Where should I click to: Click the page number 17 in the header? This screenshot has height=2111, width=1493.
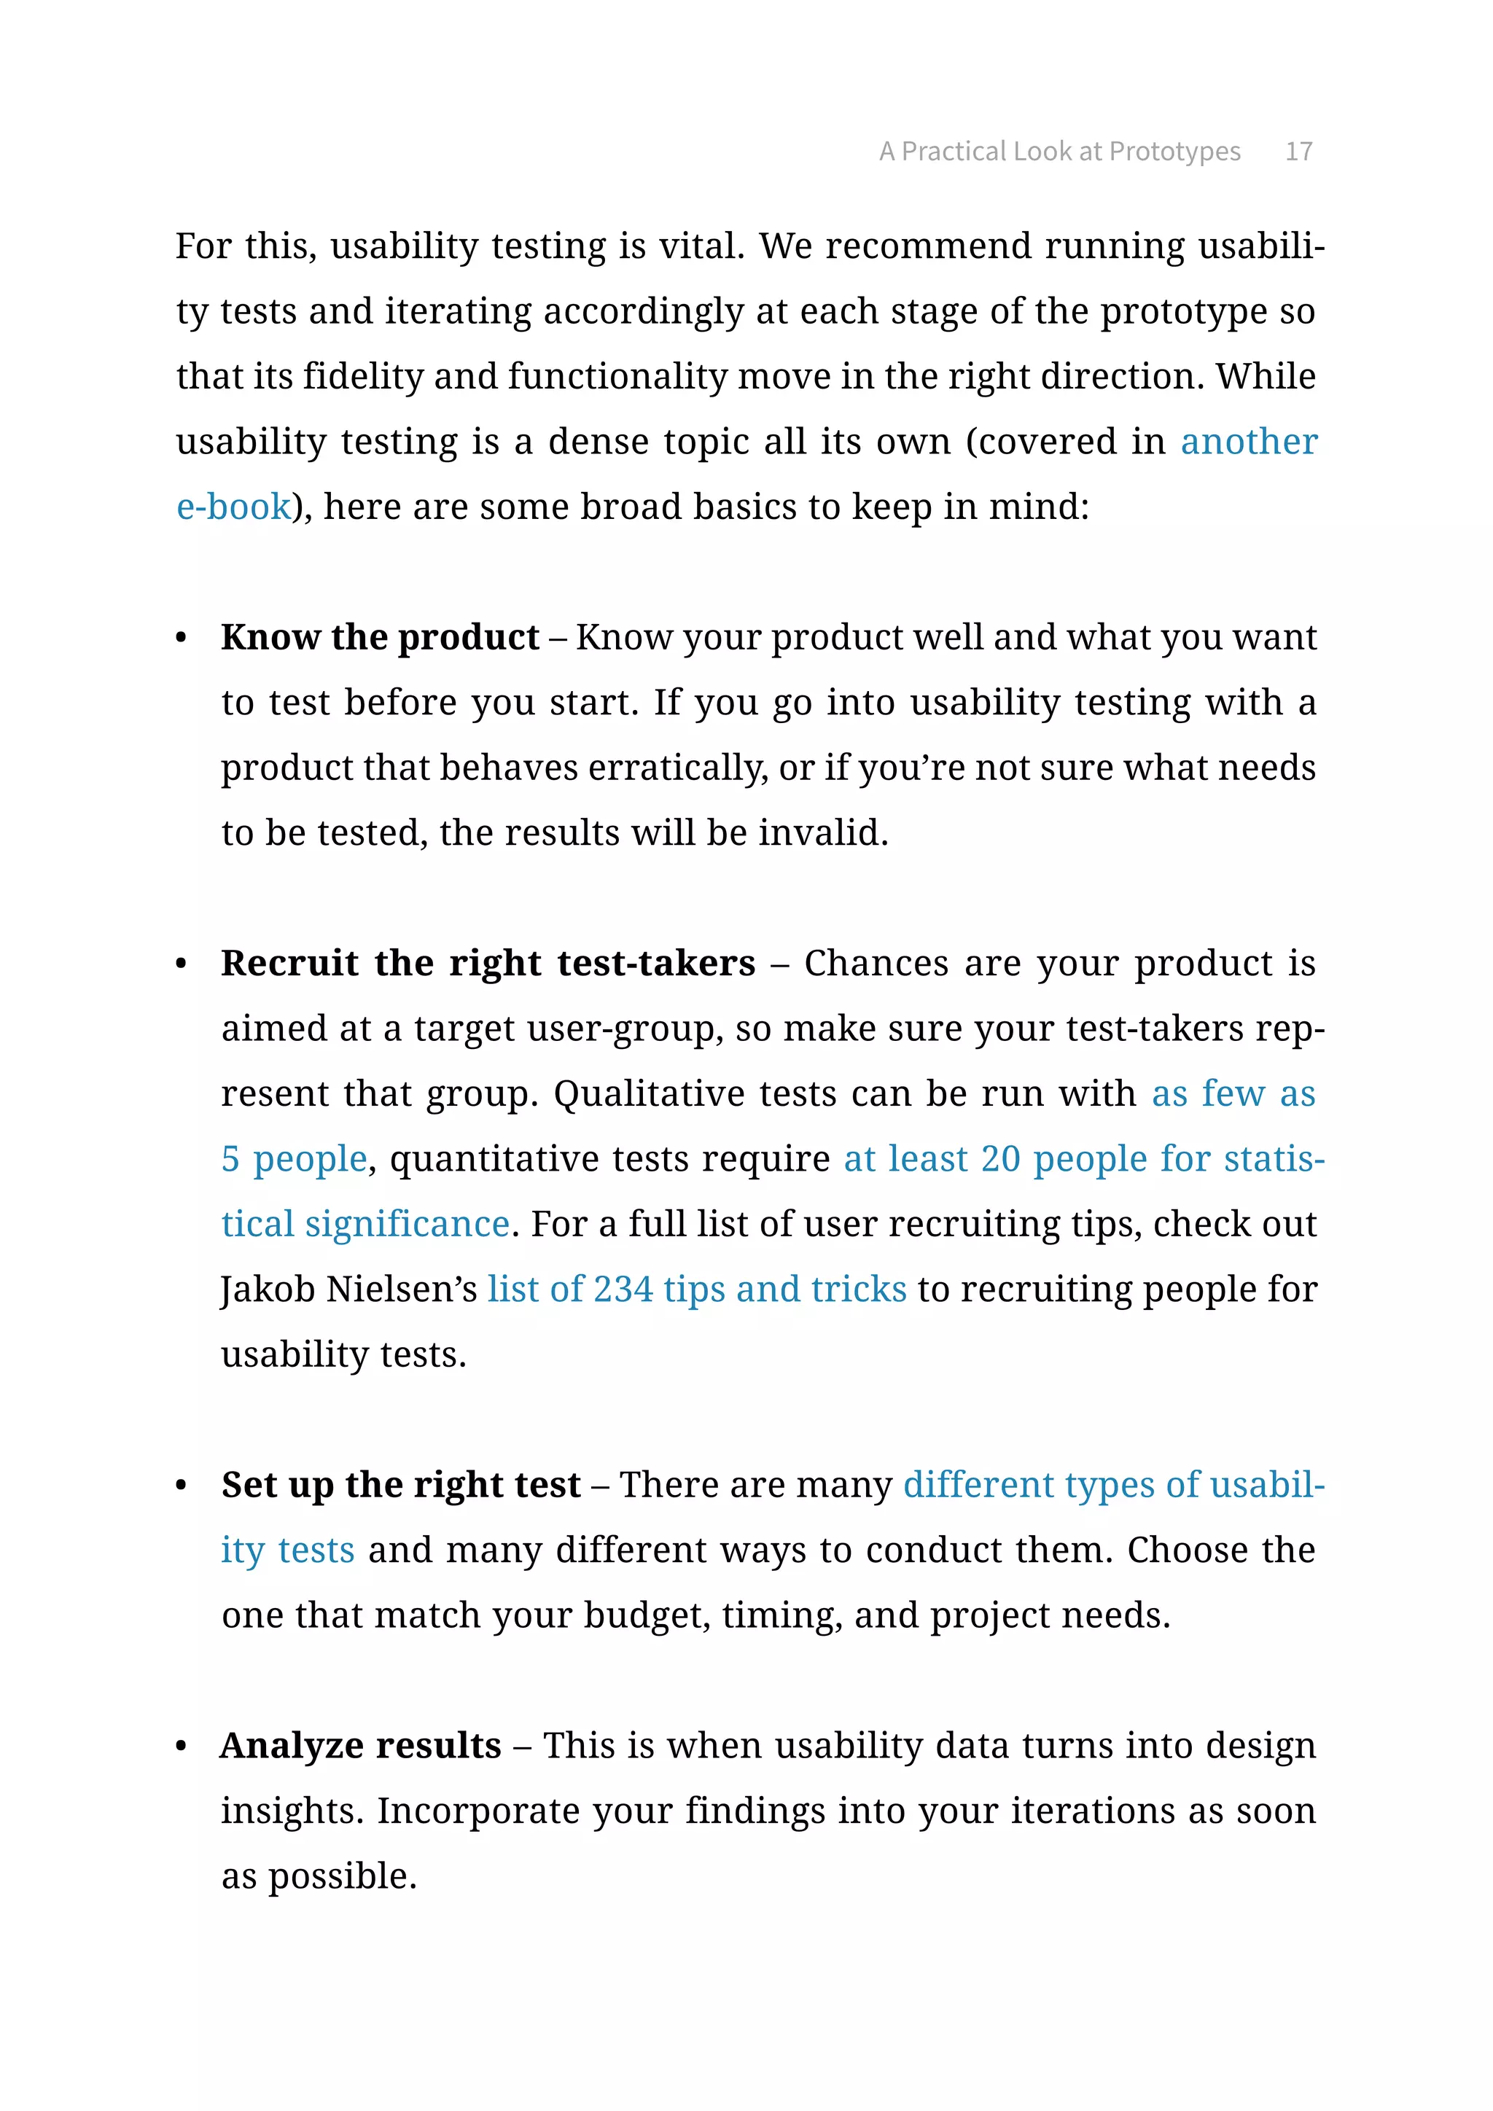(1298, 152)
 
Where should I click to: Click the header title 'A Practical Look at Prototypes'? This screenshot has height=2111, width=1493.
(1059, 152)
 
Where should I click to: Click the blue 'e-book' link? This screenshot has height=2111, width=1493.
(233, 507)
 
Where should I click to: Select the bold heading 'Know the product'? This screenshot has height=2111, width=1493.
(380, 638)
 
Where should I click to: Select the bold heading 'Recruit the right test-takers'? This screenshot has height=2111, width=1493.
(488, 964)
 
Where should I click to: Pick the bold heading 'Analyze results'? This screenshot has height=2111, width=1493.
(360, 1746)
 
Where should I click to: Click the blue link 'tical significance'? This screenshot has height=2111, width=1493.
(366, 1225)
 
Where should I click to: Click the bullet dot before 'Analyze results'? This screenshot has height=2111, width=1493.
(181, 1746)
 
